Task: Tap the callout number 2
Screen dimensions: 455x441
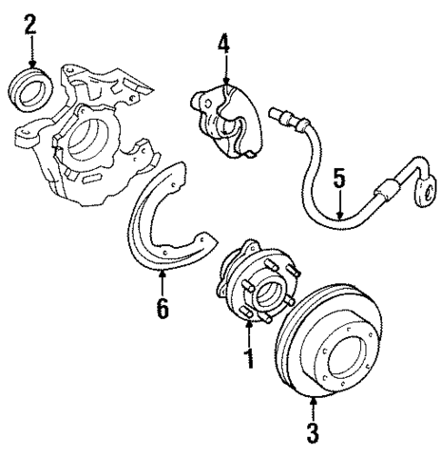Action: [x=31, y=23]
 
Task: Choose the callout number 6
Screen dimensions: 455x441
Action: [x=162, y=308]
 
